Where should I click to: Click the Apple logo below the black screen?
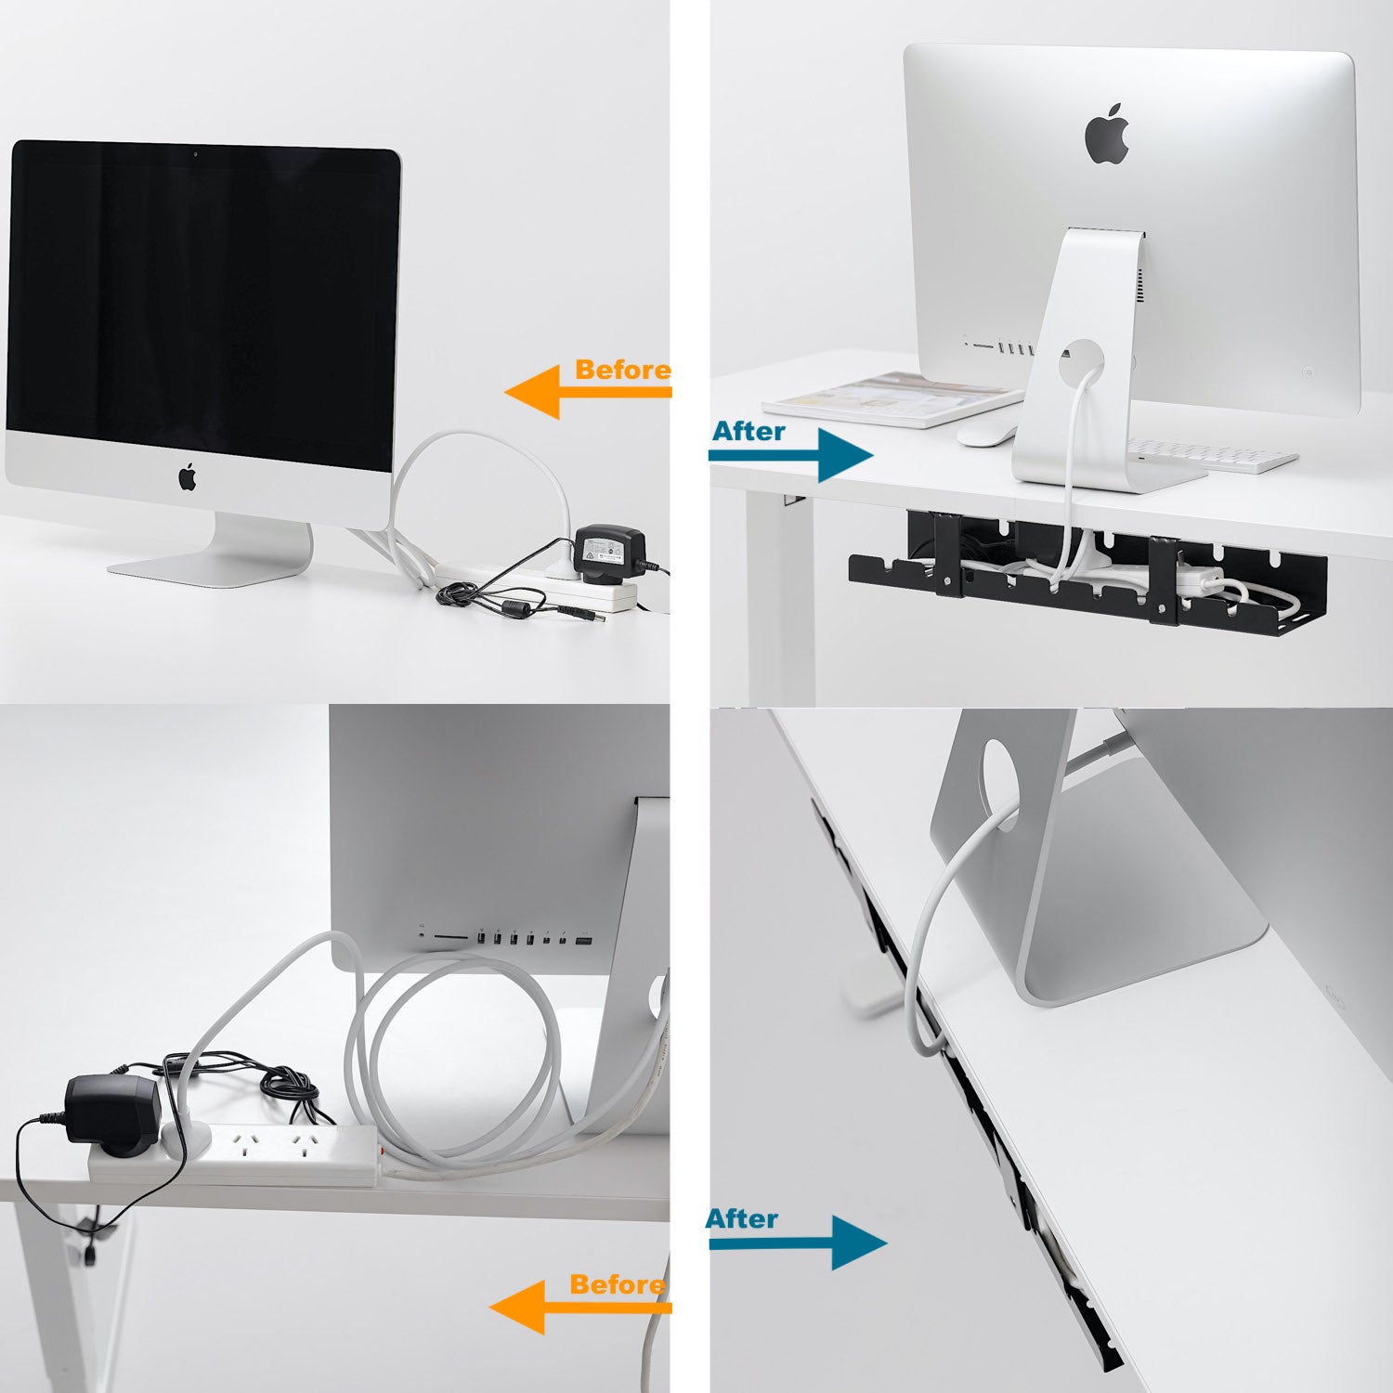pos(188,476)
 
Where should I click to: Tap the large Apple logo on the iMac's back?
pos(1107,135)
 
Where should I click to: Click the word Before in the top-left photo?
pos(622,370)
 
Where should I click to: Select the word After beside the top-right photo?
pos(749,431)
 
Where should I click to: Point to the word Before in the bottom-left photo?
pos(618,1284)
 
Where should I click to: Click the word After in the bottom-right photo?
pos(742,1218)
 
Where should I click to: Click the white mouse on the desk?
pos(986,434)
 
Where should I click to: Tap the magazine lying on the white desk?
pos(892,399)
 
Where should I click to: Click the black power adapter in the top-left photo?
pos(609,552)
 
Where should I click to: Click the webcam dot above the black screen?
pos(195,153)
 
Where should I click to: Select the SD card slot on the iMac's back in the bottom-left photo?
pos(449,938)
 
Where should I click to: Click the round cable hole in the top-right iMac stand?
pos(1080,358)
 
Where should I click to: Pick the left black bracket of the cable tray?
pos(946,553)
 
